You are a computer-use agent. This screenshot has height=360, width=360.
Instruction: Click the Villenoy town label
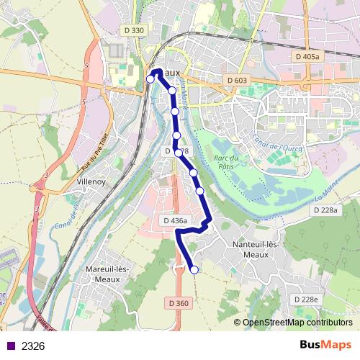92,182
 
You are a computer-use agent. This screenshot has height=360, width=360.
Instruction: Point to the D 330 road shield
134,30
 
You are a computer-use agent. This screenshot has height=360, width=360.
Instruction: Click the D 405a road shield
309,55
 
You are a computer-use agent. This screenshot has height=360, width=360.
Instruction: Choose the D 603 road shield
235,81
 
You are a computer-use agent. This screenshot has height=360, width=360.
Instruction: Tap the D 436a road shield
175,220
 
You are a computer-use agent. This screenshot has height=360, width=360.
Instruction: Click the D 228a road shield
325,210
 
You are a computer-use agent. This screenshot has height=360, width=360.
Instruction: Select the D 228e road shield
305,299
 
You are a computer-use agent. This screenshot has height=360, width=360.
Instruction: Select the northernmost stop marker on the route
150,78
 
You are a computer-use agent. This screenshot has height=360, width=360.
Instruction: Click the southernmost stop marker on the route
194,270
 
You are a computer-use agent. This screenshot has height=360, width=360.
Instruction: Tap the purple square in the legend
9,346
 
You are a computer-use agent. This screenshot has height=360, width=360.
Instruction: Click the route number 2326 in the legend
33,346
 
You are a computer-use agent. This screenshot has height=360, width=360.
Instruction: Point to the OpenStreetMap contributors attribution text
297,323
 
